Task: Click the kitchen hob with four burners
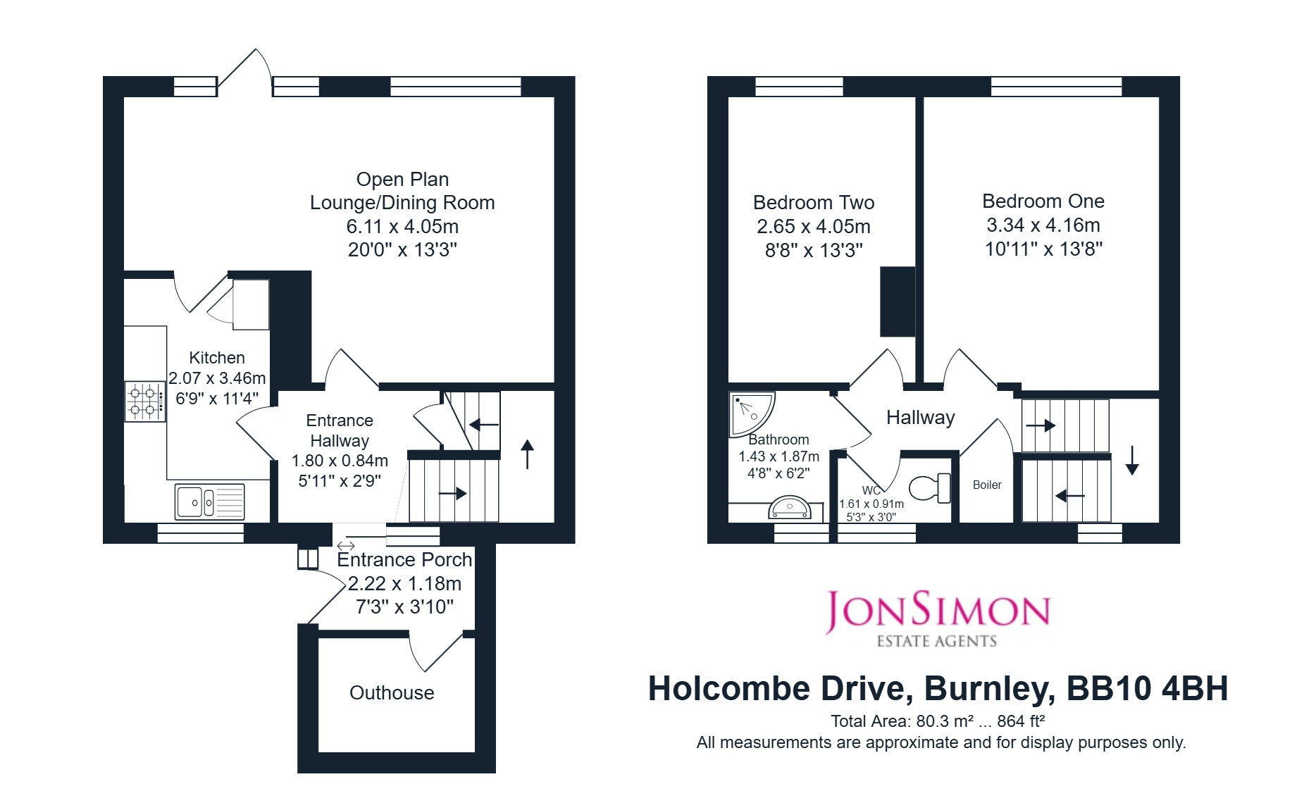point(145,401)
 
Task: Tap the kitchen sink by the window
point(210,502)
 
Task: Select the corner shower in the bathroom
point(751,414)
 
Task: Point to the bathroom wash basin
point(790,508)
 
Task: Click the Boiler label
point(987,485)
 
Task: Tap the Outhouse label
point(392,693)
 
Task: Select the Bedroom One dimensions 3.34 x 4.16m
point(1043,225)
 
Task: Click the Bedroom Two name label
point(814,203)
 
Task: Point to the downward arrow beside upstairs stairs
point(1132,460)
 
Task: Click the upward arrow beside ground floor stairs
point(528,454)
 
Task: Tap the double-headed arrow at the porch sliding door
point(346,546)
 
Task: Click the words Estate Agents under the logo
point(937,641)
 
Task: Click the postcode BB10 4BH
point(1148,689)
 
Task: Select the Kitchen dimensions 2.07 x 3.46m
point(217,378)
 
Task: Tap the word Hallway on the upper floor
point(921,418)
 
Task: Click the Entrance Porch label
point(404,560)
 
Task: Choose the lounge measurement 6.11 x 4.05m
point(402,227)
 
